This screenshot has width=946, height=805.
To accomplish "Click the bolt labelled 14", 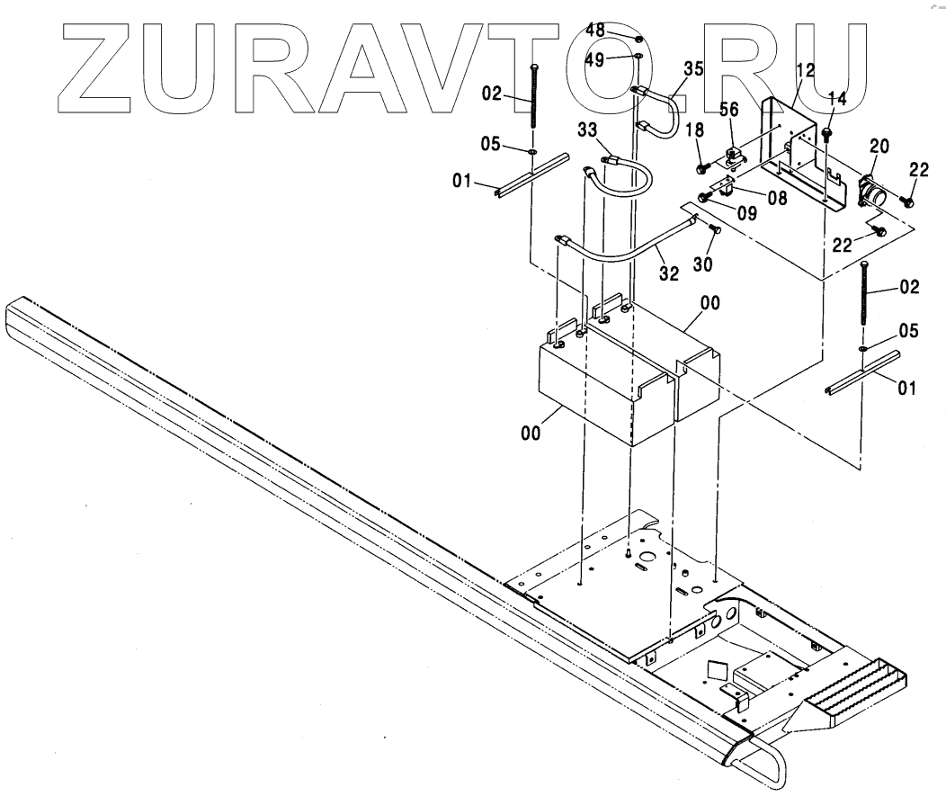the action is (827, 134).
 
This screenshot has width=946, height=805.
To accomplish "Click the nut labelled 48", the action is (637, 40).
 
